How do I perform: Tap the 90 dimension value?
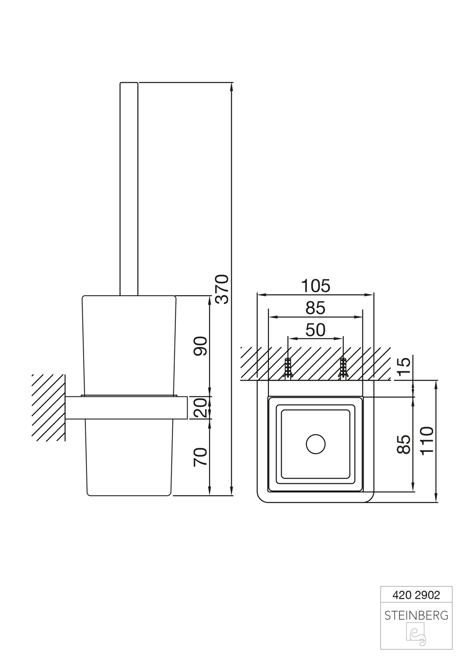tap(200, 346)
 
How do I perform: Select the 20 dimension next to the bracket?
tap(200, 408)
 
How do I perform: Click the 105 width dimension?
tap(315, 286)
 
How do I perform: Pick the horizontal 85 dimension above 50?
tap(315, 308)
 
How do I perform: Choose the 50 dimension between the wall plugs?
tap(315, 330)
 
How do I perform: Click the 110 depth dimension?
tap(427, 441)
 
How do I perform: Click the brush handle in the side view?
tap(129, 189)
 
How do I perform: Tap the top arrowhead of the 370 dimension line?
tap(231, 87)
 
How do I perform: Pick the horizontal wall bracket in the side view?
tap(126, 408)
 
